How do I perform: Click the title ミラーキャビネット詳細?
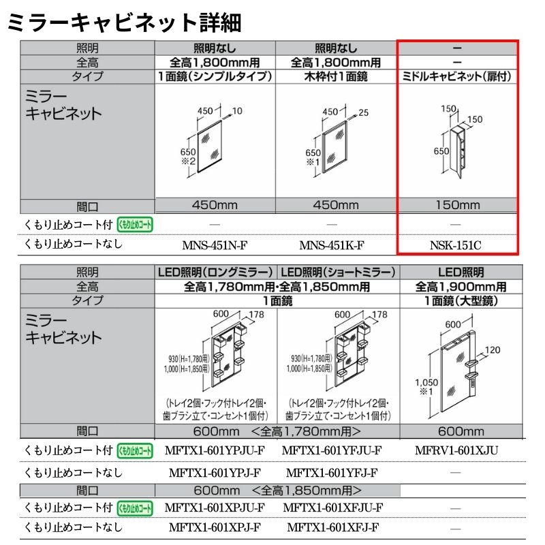click(x=123, y=22)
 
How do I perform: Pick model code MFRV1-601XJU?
click(x=456, y=450)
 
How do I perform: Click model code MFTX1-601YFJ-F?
click(x=332, y=473)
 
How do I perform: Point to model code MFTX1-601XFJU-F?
click(x=332, y=508)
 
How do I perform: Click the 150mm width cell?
click(x=456, y=205)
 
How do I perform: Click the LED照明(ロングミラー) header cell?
click(x=215, y=272)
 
